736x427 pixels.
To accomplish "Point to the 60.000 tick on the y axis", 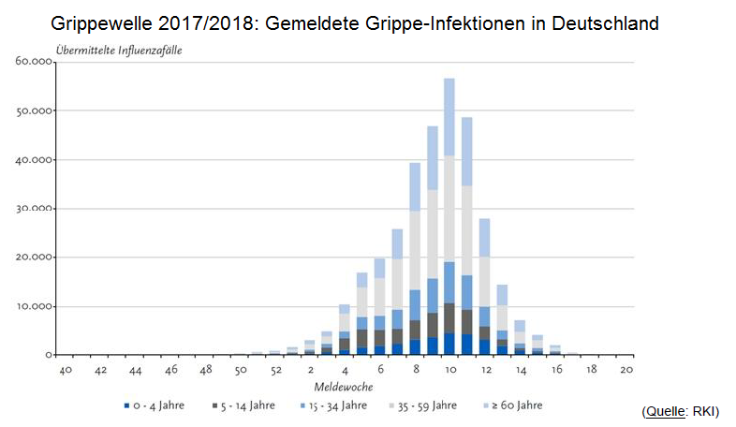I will pyautogui.click(x=35, y=62).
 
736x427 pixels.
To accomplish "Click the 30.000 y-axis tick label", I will pyautogui.click(x=35, y=209).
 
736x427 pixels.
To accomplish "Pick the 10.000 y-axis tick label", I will pyautogui.click(x=35, y=306).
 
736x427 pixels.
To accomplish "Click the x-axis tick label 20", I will pyautogui.click(x=626, y=369).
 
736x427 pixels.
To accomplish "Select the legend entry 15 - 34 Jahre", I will pyautogui.click(x=331, y=405).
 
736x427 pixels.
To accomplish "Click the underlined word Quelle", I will pyautogui.click(x=664, y=412).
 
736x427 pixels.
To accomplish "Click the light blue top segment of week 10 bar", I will pyautogui.click(x=449, y=116).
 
